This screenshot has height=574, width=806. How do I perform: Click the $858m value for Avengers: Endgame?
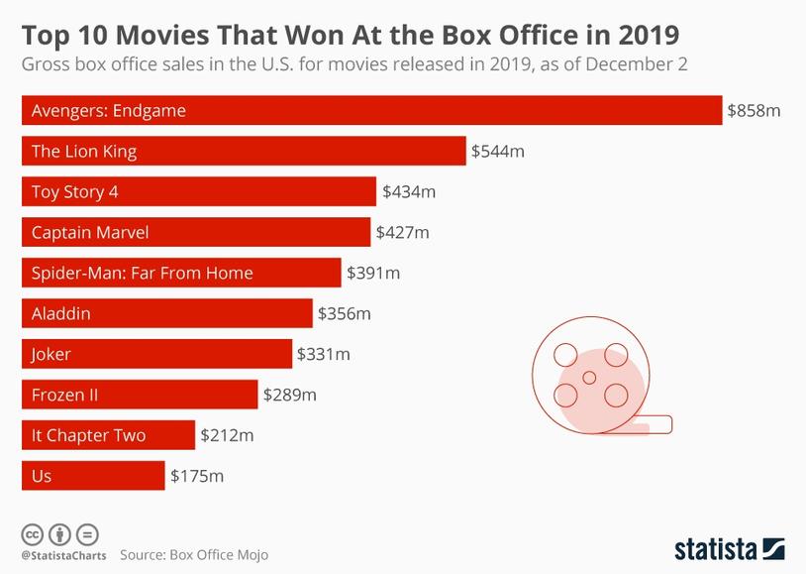[754, 110]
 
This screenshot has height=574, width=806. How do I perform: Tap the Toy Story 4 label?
[75, 191]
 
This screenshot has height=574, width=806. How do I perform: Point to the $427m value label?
[402, 232]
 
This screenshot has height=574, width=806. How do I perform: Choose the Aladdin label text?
[61, 313]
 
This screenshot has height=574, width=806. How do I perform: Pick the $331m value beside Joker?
[323, 354]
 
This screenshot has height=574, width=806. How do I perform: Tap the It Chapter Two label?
[88, 435]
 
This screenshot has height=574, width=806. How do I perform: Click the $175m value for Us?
[197, 476]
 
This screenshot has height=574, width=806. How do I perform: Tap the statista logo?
[729, 548]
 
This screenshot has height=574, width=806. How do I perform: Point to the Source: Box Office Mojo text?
[194, 555]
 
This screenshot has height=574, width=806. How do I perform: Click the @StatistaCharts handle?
[63, 555]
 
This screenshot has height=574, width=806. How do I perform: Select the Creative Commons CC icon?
[32, 533]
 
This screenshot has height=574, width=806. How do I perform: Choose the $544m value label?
[497, 151]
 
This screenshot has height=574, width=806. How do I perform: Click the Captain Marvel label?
[90, 232]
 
